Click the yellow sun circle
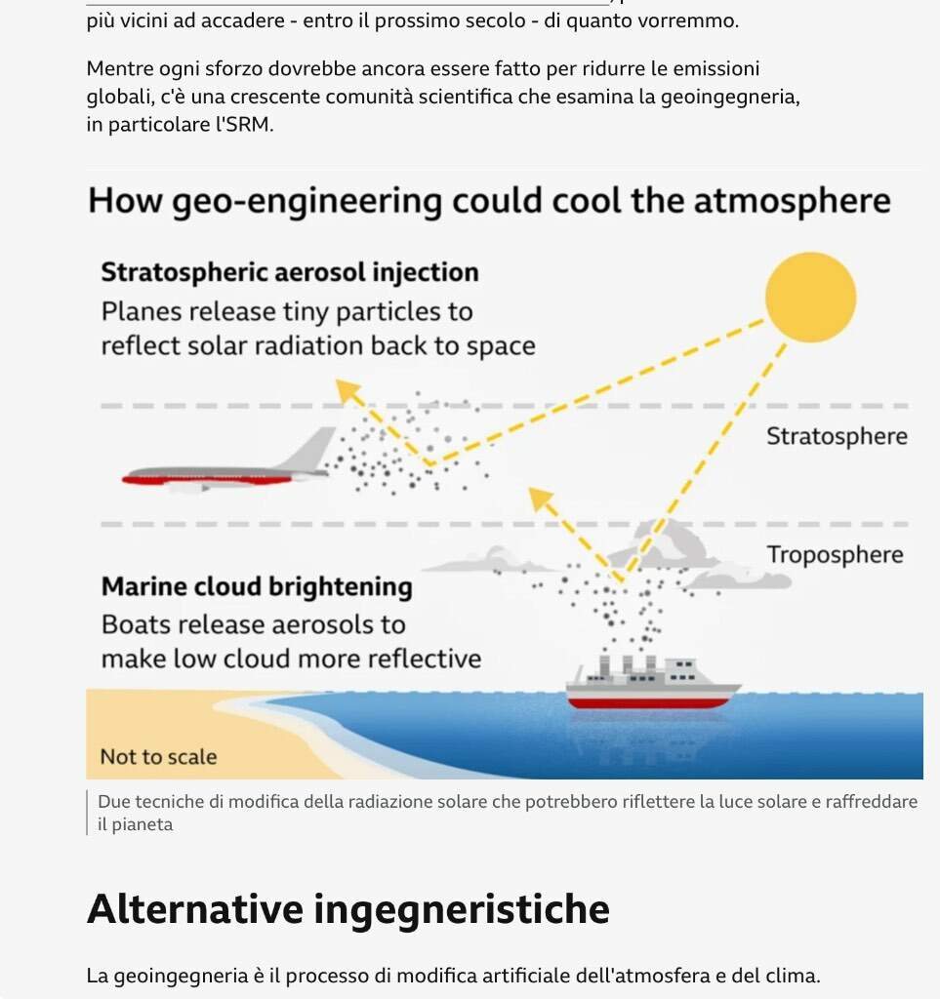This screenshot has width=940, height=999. (x=810, y=297)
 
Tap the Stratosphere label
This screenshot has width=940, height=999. (x=837, y=436)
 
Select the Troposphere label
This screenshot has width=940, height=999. (x=835, y=555)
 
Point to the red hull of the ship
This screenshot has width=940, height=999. (x=648, y=702)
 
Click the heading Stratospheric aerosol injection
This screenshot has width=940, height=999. (x=290, y=273)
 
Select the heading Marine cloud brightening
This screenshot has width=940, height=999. (x=257, y=586)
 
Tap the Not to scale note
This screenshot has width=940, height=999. (x=159, y=757)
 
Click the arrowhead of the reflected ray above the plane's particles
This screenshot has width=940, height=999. (x=347, y=390)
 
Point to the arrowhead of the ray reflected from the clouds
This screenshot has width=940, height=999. (x=541, y=499)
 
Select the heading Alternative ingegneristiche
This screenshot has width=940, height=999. (x=347, y=908)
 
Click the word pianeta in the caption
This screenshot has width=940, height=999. (x=143, y=824)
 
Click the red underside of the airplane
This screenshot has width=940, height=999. (x=208, y=480)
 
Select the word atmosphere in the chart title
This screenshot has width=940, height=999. (x=793, y=201)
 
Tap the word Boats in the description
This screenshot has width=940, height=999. (x=135, y=625)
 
